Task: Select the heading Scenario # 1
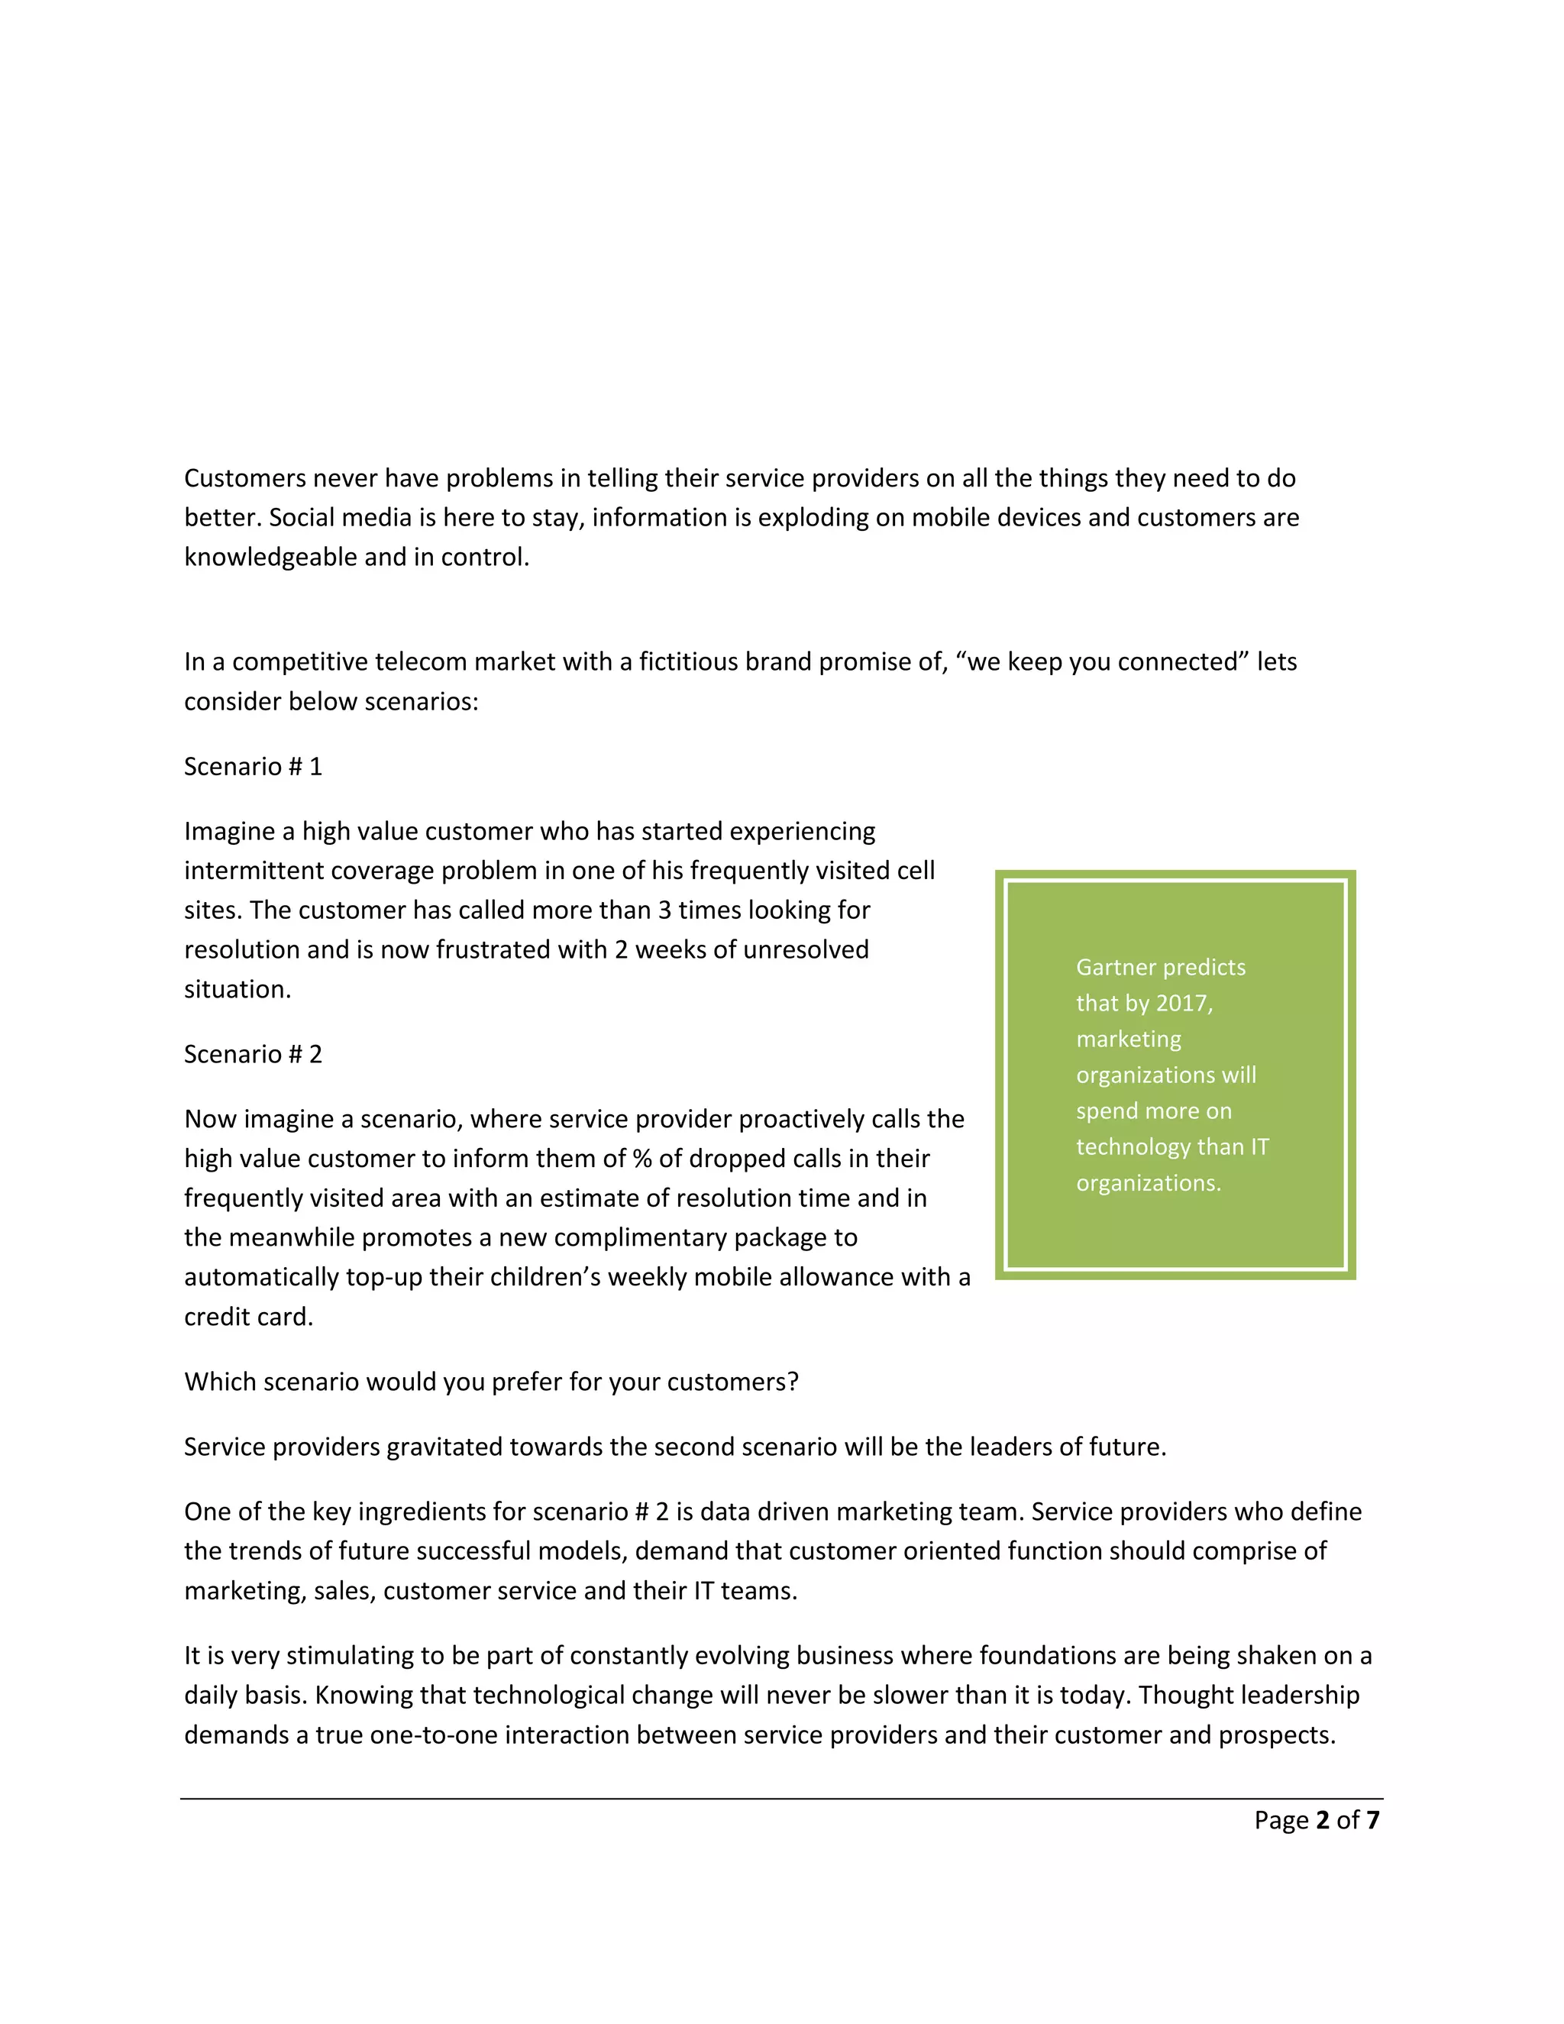tap(253, 766)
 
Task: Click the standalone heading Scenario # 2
tap(253, 1054)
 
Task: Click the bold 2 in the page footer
tap(1322, 1820)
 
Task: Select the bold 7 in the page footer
tap(1372, 1820)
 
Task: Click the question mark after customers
tap(793, 1382)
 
